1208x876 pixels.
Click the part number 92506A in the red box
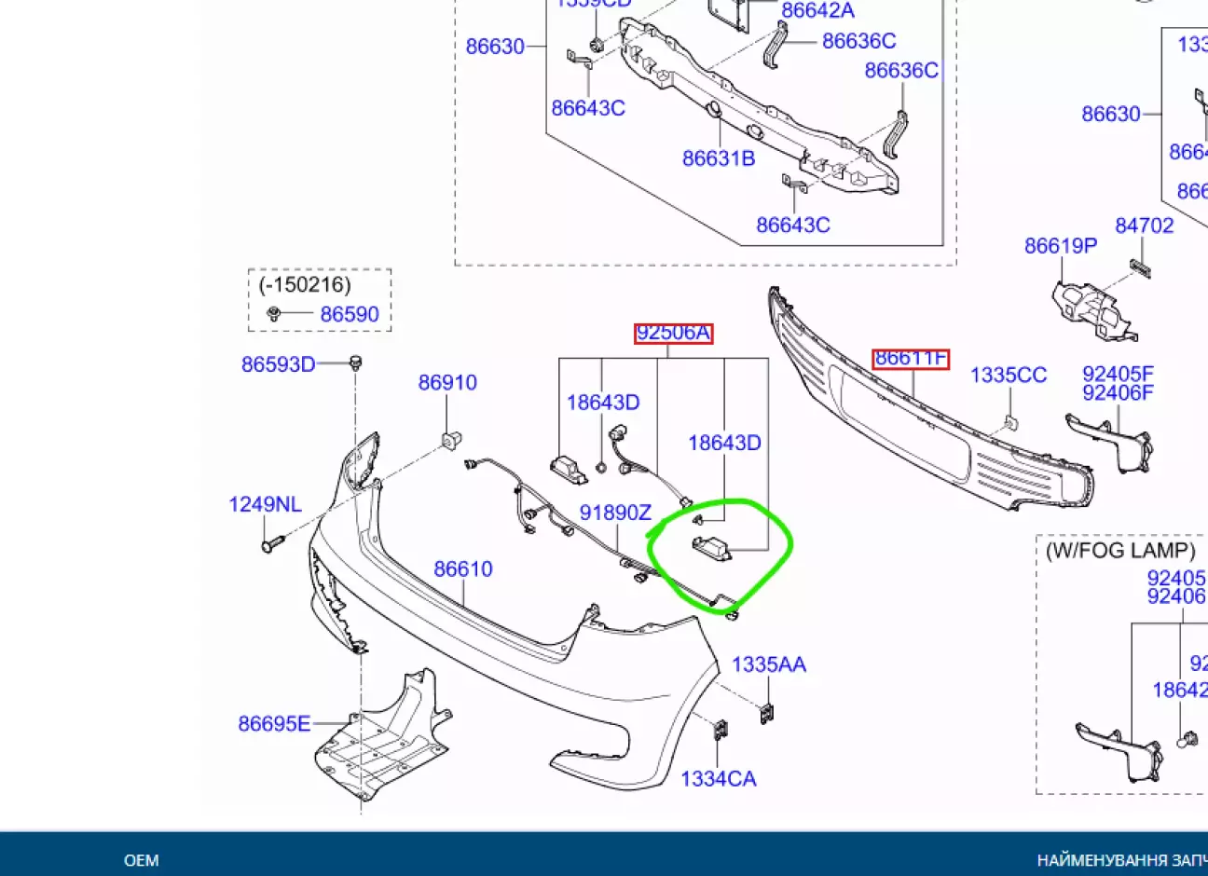click(673, 333)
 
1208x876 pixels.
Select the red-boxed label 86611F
click(911, 358)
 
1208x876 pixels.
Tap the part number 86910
click(447, 382)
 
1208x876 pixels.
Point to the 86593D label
click(278, 364)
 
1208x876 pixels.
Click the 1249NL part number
click(265, 504)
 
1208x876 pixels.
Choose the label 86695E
click(274, 723)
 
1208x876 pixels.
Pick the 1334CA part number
click(719, 778)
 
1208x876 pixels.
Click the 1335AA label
click(769, 664)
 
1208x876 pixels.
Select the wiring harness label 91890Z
click(615, 513)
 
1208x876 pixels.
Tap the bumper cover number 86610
click(463, 568)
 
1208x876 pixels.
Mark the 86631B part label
click(719, 158)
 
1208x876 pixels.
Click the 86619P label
click(1061, 245)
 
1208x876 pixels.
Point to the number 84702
click(1144, 226)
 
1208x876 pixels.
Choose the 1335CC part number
click(1009, 375)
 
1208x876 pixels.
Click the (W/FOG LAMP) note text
click(1120, 550)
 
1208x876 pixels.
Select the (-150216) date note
click(305, 284)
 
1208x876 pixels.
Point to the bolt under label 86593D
click(355, 363)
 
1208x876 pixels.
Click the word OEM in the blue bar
click(142, 860)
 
